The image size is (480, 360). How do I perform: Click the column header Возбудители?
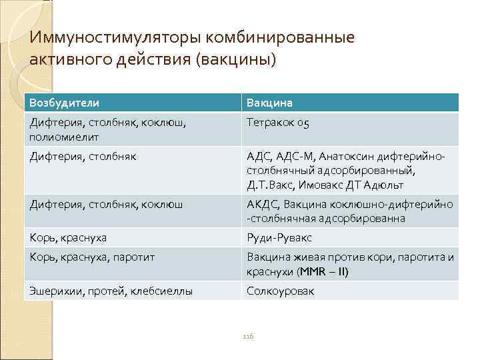click(64, 103)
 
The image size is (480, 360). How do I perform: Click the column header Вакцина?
click(269, 103)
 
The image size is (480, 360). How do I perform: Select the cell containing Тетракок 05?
click(277, 123)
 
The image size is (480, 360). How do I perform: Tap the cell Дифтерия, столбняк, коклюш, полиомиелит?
click(107, 129)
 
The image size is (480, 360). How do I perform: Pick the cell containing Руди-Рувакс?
click(279, 237)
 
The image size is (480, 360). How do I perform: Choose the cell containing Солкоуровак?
click(280, 291)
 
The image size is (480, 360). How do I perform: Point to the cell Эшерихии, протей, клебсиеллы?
click(111, 291)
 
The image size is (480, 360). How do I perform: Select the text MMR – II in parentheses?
click(323, 272)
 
